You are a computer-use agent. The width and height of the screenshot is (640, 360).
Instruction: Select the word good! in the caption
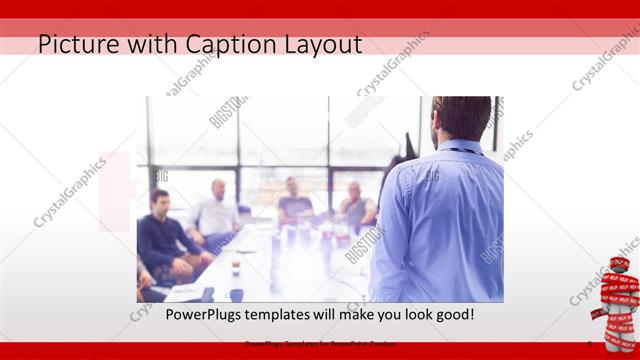[x=452, y=315]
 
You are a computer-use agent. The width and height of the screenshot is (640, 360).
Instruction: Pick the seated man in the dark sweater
[x=163, y=240]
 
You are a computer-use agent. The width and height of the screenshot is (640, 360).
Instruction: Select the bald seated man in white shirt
[x=217, y=210]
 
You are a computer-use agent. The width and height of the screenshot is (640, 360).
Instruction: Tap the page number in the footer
[x=589, y=345]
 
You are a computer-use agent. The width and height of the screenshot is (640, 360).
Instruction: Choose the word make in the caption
[x=349, y=315]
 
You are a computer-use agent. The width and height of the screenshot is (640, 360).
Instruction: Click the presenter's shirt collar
[x=459, y=149]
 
